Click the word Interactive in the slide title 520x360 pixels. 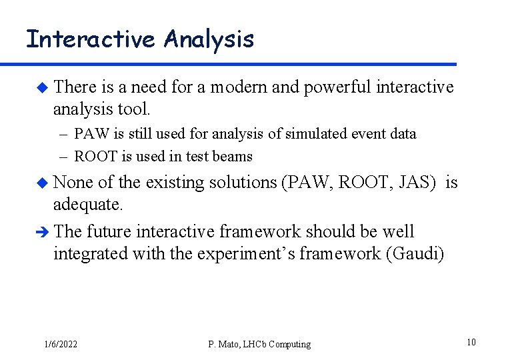coord(90,39)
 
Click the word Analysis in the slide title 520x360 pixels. coord(209,39)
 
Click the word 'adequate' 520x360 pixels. coord(87,205)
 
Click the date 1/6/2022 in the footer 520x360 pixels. coord(60,344)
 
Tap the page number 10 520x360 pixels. coord(471,343)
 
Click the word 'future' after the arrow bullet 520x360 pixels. coord(109,232)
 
